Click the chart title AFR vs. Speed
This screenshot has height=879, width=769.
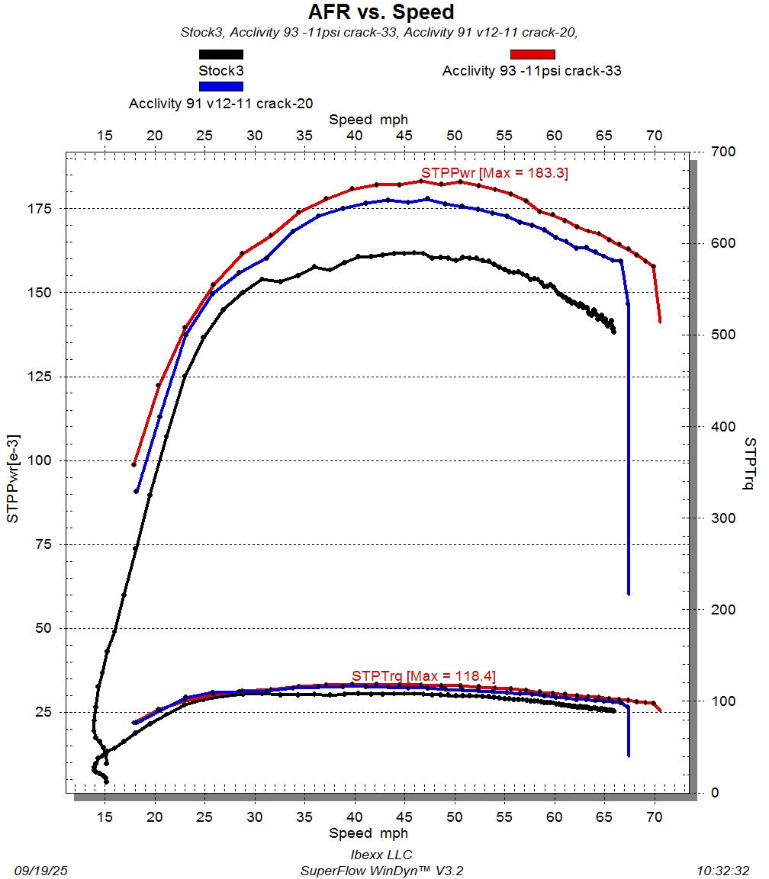[381, 12]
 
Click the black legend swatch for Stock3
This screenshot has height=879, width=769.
[220, 55]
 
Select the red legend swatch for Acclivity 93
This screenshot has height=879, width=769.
[532, 54]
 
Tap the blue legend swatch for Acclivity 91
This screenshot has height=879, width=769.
[220, 87]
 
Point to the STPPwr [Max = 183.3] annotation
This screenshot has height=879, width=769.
[494, 173]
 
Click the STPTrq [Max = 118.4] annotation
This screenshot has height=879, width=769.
[423, 675]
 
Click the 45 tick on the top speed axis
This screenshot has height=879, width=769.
[404, 136]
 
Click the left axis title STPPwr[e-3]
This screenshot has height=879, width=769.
[14, 478]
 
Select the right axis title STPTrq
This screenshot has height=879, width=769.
[750, 464]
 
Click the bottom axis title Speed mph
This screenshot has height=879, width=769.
[368, 833]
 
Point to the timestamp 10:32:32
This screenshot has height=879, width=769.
[723, 870]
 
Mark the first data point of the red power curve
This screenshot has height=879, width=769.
[134, 464]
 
